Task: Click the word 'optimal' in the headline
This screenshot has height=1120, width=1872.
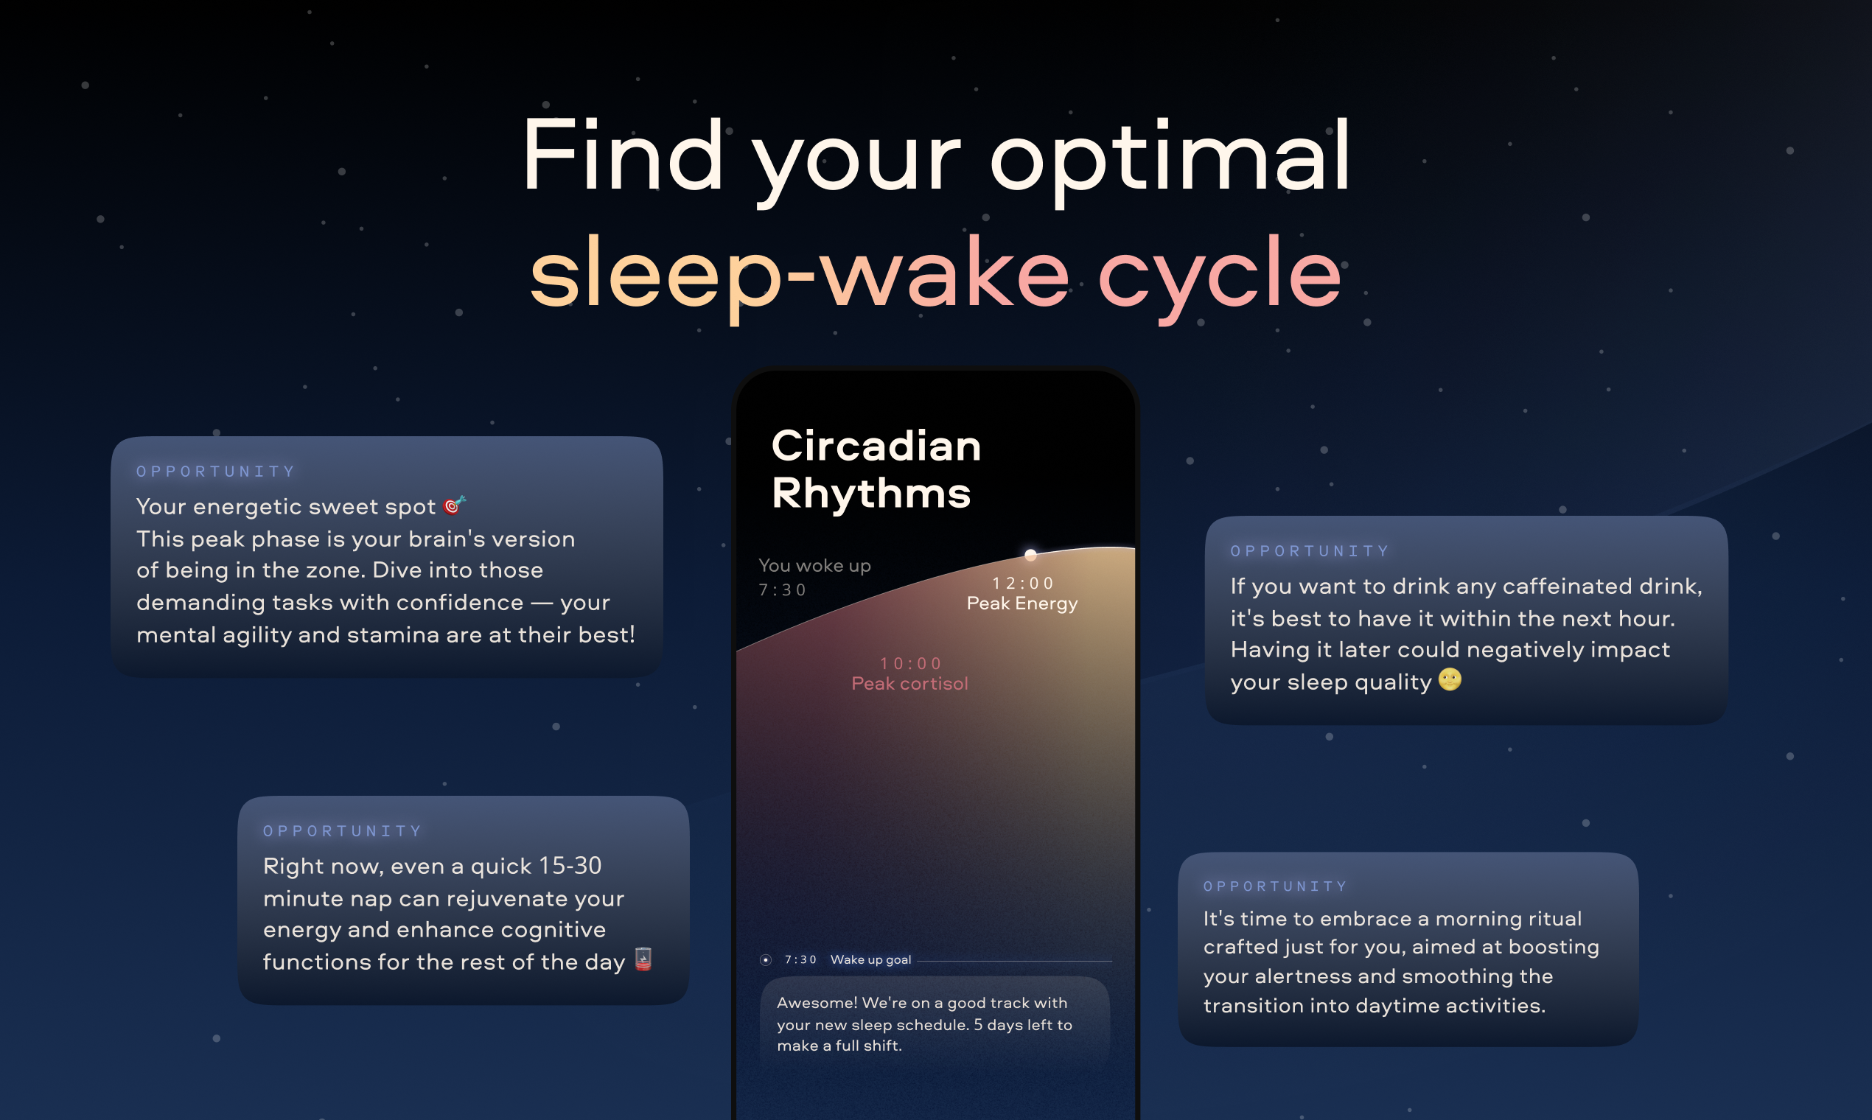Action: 1170,161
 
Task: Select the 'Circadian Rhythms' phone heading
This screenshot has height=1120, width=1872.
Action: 876,469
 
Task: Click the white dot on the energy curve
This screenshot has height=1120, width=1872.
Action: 1030,555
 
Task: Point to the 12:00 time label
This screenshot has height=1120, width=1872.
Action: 1023,583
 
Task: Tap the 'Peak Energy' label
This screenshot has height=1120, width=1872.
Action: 1022,603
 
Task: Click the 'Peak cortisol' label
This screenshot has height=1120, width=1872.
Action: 909,684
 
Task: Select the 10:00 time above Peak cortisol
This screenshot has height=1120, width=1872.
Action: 910,663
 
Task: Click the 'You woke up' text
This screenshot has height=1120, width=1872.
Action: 814,566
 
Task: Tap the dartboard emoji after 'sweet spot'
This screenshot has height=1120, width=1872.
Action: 455,505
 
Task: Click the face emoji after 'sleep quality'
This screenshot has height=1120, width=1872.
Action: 1449,679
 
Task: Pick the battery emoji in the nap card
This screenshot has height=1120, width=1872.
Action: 643,959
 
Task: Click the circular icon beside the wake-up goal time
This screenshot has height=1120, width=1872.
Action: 766,960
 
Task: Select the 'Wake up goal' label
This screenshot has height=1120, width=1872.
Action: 870,960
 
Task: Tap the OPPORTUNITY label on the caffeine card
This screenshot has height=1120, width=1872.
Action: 1310,551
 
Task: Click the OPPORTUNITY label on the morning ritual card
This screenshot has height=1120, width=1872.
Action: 1275,886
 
